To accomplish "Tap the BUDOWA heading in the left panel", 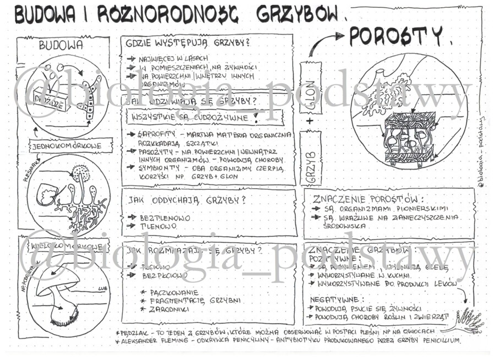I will (x=61, y=46).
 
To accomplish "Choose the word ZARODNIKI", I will (x=168, y=309).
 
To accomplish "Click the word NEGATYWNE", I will (x=335, y=300).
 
